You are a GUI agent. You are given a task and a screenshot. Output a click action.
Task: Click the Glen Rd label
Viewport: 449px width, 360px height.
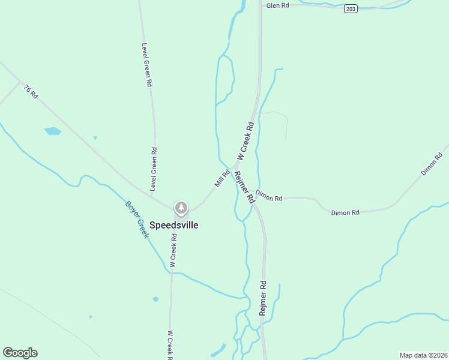point(277,5)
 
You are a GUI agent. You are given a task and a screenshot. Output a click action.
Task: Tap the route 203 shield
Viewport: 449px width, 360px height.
point(351,8)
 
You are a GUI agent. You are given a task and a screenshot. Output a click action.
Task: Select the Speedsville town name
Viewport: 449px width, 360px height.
point(173,225)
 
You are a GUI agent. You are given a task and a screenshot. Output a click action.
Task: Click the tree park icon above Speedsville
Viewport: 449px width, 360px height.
point(181,208)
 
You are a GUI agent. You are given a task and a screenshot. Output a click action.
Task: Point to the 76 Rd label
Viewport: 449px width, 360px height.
point(31,92)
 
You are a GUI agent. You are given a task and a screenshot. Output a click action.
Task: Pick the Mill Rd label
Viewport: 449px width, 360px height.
point(222,178)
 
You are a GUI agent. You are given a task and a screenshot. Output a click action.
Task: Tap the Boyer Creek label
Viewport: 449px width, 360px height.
point(136,219)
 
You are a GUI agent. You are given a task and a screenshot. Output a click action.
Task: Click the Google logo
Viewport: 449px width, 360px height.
point(20,353)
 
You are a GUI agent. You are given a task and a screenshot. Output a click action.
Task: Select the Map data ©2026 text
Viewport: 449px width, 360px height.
point(423,355)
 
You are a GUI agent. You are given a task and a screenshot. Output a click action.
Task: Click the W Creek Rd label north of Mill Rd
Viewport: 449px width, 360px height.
point(246,142)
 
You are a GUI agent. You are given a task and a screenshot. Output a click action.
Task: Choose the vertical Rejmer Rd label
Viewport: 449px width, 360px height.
point(262,298)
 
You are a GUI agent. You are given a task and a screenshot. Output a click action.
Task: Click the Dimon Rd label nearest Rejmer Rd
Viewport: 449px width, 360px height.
point(268,196)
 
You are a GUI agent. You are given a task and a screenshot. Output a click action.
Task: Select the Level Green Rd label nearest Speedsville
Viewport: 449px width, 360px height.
point(154,170)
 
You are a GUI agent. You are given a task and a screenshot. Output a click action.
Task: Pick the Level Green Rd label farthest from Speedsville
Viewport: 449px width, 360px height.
point(145,65)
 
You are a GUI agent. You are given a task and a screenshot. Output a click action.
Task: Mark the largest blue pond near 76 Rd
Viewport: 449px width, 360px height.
point(53,131)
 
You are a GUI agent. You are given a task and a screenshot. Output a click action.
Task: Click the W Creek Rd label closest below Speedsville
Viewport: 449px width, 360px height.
point(173,250)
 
